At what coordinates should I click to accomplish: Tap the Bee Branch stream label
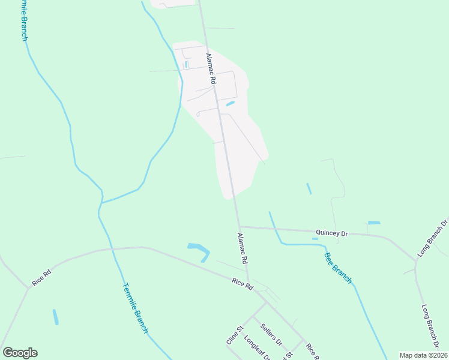click(x=338, y=267)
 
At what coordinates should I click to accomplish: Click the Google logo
click(x=20, y=353)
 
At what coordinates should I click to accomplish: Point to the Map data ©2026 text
click(x=423, y=355)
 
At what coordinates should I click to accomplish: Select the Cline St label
click(x=234, y=335)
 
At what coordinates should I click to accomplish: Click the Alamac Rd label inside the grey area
click(x=211, y=68)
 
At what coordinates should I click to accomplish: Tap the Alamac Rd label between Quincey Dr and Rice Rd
click(x=243, y=249)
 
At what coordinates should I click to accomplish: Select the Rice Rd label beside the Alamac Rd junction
click(x=243, y=284)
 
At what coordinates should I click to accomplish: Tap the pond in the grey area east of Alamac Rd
click(x=230, y=103)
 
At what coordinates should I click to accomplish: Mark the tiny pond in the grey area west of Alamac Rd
click(x=187, y=64)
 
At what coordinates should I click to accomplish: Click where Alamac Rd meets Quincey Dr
click(x=240, y=226)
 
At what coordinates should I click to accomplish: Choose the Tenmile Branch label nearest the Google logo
click(x=135, y=308)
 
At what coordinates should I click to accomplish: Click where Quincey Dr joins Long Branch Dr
click(x=415, y=260)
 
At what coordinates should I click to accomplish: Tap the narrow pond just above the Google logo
click(x=56, y=317)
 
